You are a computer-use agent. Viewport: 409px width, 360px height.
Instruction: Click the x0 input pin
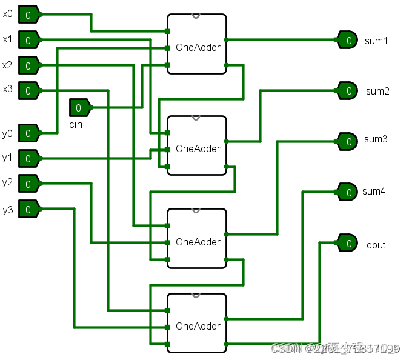tap(28, 13)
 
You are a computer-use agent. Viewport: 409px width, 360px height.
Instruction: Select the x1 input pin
tap(28, 40)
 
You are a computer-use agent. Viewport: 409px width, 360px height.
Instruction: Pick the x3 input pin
tap(28, 90)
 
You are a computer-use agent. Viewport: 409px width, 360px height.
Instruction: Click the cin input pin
tap(79, 108)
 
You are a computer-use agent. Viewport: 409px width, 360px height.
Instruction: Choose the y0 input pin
tap(28, 132)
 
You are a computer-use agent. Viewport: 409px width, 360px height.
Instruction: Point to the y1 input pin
tap(28, 158)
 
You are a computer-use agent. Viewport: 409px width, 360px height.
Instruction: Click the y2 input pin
tap(28, 182)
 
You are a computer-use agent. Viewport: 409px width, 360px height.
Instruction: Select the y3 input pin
tap(28, 209)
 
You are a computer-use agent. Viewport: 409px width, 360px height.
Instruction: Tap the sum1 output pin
tap(348, 40)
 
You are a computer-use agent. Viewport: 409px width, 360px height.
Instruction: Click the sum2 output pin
tap(348, 91)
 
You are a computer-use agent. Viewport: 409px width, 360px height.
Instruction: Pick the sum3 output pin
tap(348, 141)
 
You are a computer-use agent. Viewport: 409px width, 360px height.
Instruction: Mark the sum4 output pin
tap(348, 192)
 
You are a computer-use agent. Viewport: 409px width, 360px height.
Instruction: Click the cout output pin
tap(348, 244)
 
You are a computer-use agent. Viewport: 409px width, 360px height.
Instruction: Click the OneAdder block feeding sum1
tap(197, 44)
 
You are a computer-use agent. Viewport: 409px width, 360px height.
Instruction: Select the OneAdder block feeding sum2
tap(197, 145)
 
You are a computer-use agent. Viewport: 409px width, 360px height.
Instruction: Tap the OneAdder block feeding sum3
tap(197, 238)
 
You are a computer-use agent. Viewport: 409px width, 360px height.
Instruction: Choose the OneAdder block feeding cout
tap(197, 323)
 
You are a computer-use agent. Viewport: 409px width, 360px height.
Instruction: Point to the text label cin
tap(76, 125)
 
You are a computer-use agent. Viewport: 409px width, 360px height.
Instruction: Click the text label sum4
tap(374, 192)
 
